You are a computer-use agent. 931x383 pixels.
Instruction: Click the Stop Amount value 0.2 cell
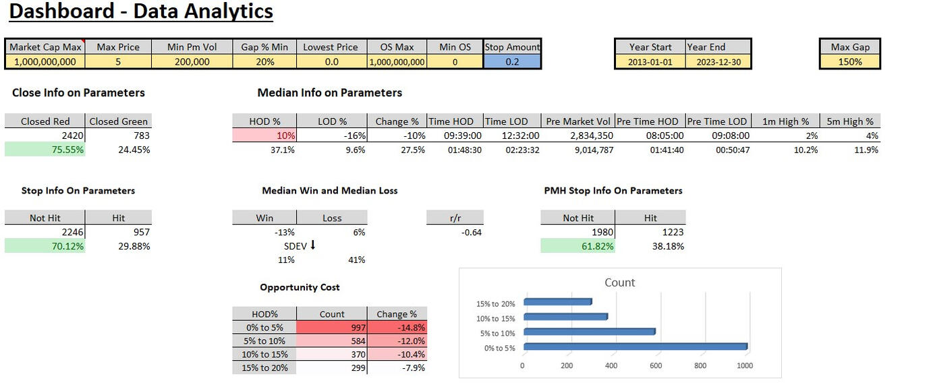[512, 61]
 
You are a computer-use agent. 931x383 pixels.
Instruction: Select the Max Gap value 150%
[850, 61]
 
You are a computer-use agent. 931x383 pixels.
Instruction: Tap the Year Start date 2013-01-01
[650, 61]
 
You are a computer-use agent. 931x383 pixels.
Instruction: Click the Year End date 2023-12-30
[718, 61]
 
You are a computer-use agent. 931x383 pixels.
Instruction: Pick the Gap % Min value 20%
[264, 61]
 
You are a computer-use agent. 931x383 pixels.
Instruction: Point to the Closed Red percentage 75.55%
[45, 150]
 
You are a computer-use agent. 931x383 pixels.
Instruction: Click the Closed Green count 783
[119, 136]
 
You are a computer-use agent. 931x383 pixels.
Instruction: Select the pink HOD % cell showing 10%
[264, 136]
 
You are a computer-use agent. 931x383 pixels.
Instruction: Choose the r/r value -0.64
[455, 233]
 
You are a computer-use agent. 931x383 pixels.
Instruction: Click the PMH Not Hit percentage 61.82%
[578, 246]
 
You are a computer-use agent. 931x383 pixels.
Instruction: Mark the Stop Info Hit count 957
[119, 232]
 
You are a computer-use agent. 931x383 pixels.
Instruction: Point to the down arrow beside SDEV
[312, 245]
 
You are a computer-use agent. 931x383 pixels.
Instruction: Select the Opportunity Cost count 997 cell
[332, 328]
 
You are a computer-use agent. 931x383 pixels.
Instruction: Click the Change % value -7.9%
[397, 367]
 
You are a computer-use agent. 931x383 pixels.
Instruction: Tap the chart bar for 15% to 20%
[557, 302]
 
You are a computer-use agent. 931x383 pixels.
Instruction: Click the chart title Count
[619, 283]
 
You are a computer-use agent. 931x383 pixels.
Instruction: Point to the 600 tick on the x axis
[655, 365]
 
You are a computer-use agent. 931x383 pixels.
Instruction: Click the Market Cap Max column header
[45, 47]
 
